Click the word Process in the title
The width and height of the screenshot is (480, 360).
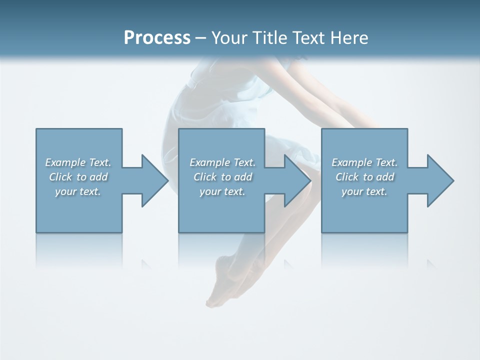(157, 38)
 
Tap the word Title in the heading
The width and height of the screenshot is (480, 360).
(268, 38)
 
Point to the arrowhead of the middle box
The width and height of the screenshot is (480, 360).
(296, 180)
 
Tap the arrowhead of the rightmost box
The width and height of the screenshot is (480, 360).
(439, 180)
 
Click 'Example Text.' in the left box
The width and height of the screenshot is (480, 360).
(78, 162)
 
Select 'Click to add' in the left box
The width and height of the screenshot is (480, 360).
(78, 177)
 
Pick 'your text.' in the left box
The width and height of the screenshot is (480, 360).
(78, 191)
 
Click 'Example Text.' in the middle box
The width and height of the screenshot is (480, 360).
(222, 162)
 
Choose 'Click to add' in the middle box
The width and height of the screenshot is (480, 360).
(222, 177)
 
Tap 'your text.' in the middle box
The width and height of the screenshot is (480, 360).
(222, 191)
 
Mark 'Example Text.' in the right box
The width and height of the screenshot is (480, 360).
(364, 162)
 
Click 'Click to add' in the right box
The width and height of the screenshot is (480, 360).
(365, 177)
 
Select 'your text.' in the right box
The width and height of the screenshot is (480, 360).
(364, 191)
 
